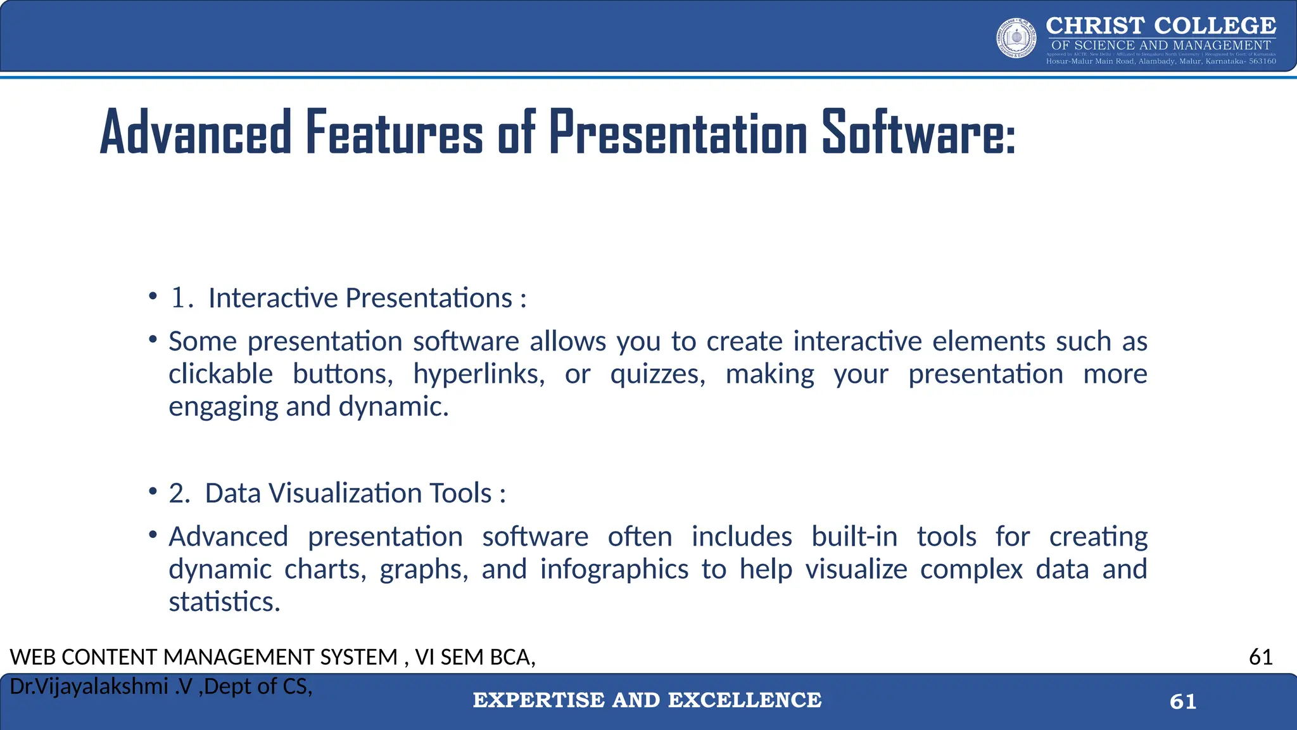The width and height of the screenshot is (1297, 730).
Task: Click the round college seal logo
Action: click(x=1016, y=38)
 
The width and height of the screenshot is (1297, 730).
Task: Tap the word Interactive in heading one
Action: click(x=273, y=298)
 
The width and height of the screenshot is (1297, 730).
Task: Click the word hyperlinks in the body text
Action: click(x=478, y=374)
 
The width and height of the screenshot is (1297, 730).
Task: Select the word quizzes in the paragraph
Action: click(x=657, y=374)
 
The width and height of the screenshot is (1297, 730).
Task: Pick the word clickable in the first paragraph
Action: click(x=220, y=374)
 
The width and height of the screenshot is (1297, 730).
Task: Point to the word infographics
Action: click(x=614, y=569)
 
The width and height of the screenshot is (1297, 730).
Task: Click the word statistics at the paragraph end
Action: click(x=224, y=602)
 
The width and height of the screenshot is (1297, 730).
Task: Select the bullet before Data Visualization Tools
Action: click(x=153, y=492)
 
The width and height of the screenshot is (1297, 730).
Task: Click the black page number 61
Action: click(x=1260, y=657)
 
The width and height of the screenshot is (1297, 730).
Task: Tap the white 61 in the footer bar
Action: click(x=1183, y=701)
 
